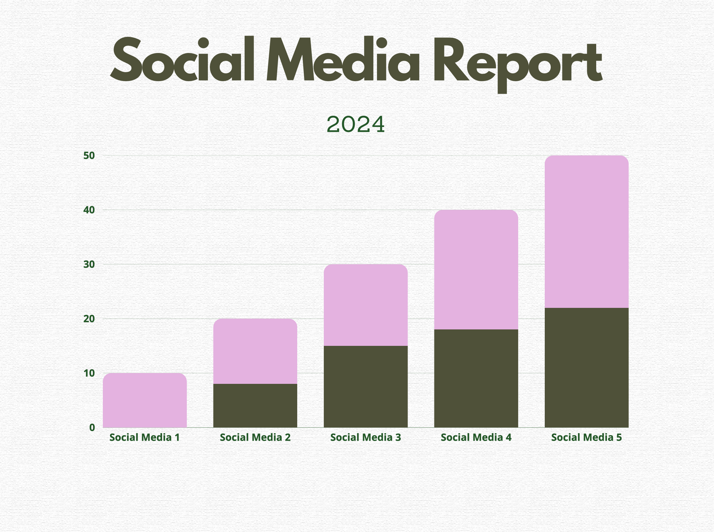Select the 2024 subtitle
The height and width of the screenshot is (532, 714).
coord(356,125)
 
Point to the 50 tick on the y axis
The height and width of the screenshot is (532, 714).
coord(89,156)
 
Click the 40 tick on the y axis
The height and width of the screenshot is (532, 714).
coord(89,210)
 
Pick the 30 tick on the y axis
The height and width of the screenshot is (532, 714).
coord(89,264)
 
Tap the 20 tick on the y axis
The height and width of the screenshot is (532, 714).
coord(89,319)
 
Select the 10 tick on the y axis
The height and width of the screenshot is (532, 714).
coord(89,373)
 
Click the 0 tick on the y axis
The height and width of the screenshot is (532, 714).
coord(92,427)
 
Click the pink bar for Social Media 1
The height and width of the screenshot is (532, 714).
coord(145,400)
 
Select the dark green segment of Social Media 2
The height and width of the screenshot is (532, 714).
coord(255,406)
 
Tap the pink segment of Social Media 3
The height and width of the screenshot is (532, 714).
coord(366,305)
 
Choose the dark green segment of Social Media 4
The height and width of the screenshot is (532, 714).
coord(476,378)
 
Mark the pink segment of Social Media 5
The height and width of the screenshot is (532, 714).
coord(586,232)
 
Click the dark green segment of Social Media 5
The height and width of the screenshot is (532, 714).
coord(586,368)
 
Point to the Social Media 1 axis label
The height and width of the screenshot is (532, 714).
coord(145,438)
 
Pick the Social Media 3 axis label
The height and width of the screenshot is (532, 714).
coord(366,438)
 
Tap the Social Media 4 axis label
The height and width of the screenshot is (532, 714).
coord(476,438)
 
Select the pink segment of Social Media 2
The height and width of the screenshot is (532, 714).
coord(255,351)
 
